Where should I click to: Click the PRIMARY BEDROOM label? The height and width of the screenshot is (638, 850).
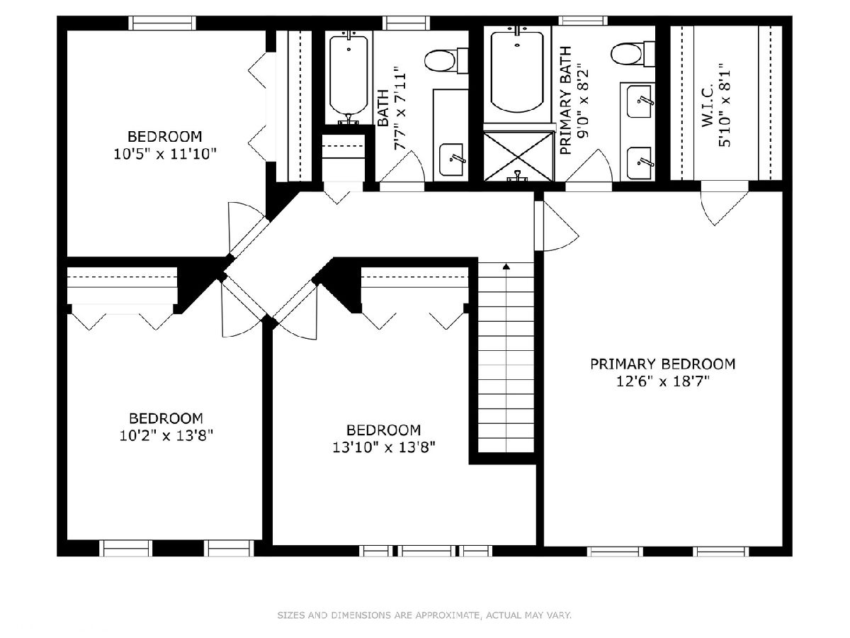point(662,364)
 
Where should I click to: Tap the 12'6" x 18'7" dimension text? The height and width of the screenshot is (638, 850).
point(662,382)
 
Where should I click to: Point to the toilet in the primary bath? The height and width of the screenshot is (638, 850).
point(633,54)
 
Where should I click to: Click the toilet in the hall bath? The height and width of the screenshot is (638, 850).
point(446,60)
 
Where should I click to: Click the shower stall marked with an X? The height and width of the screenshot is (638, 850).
point(518,157)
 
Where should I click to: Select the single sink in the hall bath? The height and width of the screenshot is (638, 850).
point(451,159)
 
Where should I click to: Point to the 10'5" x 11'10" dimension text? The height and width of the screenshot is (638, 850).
point(164,154)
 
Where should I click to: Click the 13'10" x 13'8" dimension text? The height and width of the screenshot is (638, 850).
point(384,448)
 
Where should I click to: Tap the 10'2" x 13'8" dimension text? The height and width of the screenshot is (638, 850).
point(166,436)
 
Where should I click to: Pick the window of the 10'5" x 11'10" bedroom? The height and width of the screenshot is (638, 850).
point(162,23)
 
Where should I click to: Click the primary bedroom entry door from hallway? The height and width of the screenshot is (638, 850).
point(557,225)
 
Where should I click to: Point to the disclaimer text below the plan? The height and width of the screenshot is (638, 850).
point(424,615)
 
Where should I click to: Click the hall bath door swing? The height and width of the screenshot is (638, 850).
point(402,169)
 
